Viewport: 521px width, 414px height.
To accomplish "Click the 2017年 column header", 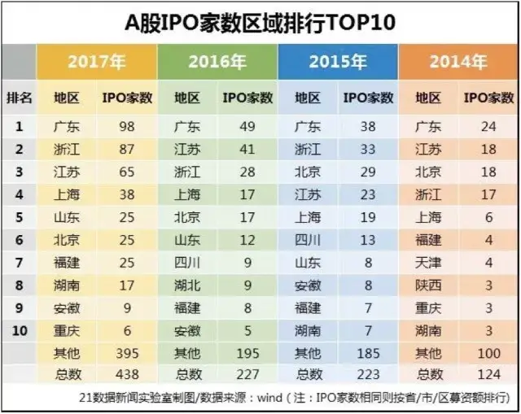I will pos(97,61).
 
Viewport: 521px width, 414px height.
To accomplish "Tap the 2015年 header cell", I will pos(338,61).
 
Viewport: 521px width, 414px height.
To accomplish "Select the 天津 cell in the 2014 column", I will pos(428,263).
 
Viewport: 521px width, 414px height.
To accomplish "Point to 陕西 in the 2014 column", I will pos(428,285).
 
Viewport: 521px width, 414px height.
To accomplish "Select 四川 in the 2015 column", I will pos(308,240).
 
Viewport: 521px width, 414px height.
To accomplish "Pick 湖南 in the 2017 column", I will pos(67,285).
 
